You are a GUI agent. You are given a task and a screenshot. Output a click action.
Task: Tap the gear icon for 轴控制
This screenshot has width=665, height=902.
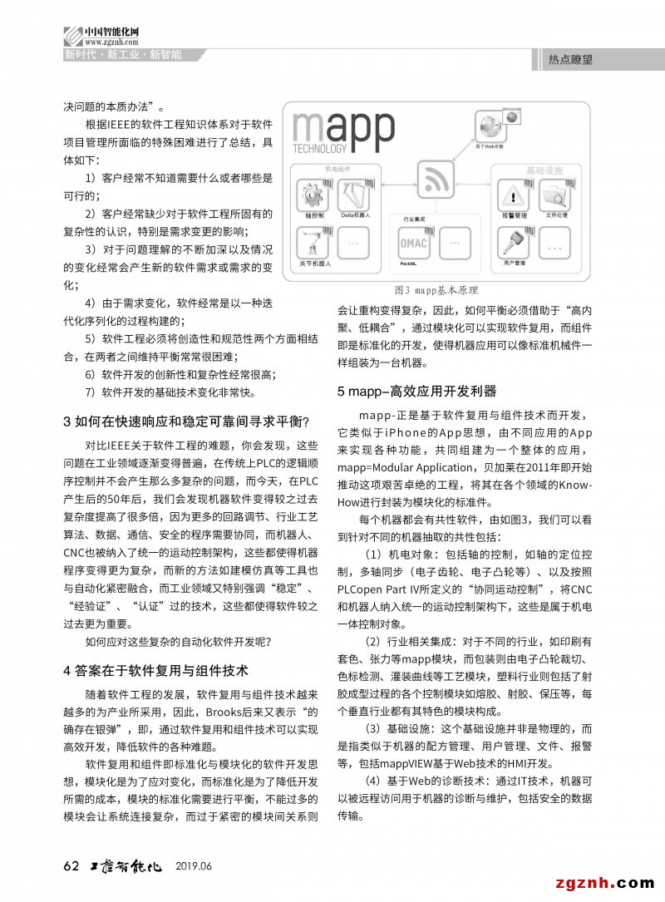coord(313,197)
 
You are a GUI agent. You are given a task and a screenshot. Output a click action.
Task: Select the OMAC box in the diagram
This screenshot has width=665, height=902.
coord(413,244)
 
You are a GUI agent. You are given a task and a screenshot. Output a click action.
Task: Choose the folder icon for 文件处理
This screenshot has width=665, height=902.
coord(554,197)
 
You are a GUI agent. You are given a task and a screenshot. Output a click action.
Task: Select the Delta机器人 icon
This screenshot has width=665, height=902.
coord(355,197)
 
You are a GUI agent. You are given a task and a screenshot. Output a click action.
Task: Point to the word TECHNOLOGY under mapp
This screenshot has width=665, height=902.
coord(320,150)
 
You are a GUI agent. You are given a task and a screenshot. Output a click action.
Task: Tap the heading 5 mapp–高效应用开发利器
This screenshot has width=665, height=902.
coord(416,391)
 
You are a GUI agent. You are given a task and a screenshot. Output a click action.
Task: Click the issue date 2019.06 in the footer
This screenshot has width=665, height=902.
coord(194,866)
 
